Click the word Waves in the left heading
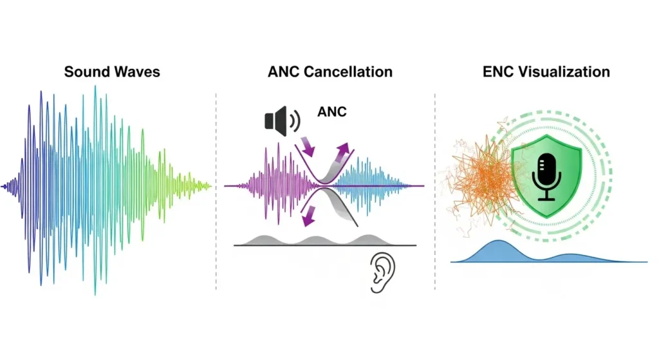[136, 71]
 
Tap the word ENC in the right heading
[498, 71]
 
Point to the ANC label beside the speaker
[332, 112]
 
